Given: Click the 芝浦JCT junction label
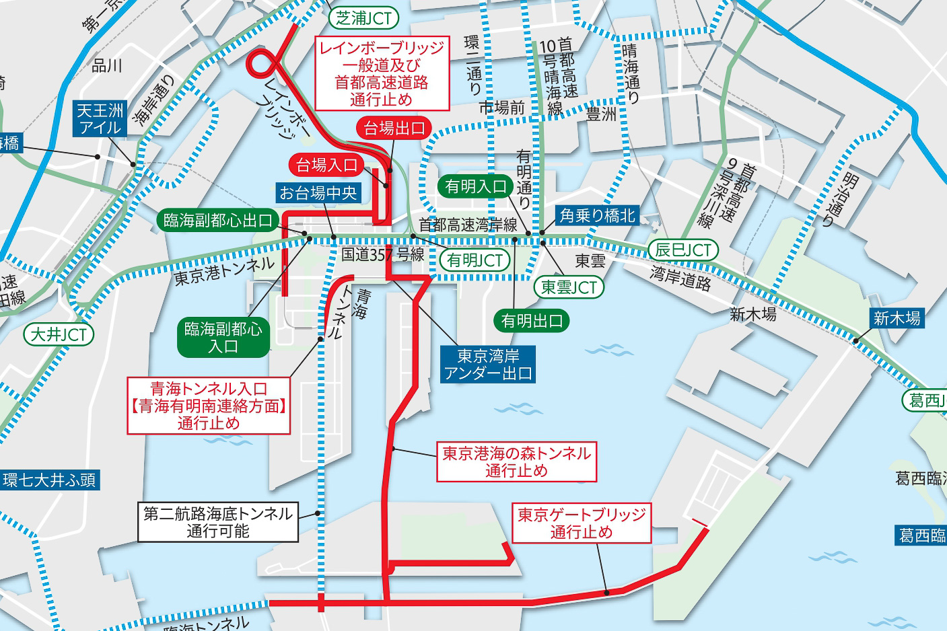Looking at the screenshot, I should pos(363,18).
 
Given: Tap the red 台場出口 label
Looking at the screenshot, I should pos(394,128).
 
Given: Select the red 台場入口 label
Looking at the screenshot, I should pos(326,165).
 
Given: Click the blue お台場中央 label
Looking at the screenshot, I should pos(318,193).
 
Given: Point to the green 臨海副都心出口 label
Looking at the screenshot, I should pos(218,220).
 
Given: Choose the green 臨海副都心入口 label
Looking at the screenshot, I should pos(223,338).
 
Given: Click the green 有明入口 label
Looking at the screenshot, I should pos(475,186).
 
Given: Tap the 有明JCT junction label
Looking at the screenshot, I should pos(475,260).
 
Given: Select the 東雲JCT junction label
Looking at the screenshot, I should pos(569,287).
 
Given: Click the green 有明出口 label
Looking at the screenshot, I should pos(532,321).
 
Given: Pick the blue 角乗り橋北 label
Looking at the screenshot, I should pos(597,215).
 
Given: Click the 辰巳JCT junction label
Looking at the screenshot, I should pos(683,250).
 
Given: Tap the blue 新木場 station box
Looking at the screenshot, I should pos(897,318).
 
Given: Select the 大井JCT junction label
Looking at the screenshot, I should pos(59,334).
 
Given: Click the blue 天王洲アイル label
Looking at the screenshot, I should pos(100,119).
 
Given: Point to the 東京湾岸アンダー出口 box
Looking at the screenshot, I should pos(488,365).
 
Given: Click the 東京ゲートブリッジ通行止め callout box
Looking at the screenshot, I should pos(582,523).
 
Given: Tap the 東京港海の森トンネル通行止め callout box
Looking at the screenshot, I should pos(516,462).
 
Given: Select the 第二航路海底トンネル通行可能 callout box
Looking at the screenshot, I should pos(218,523).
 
